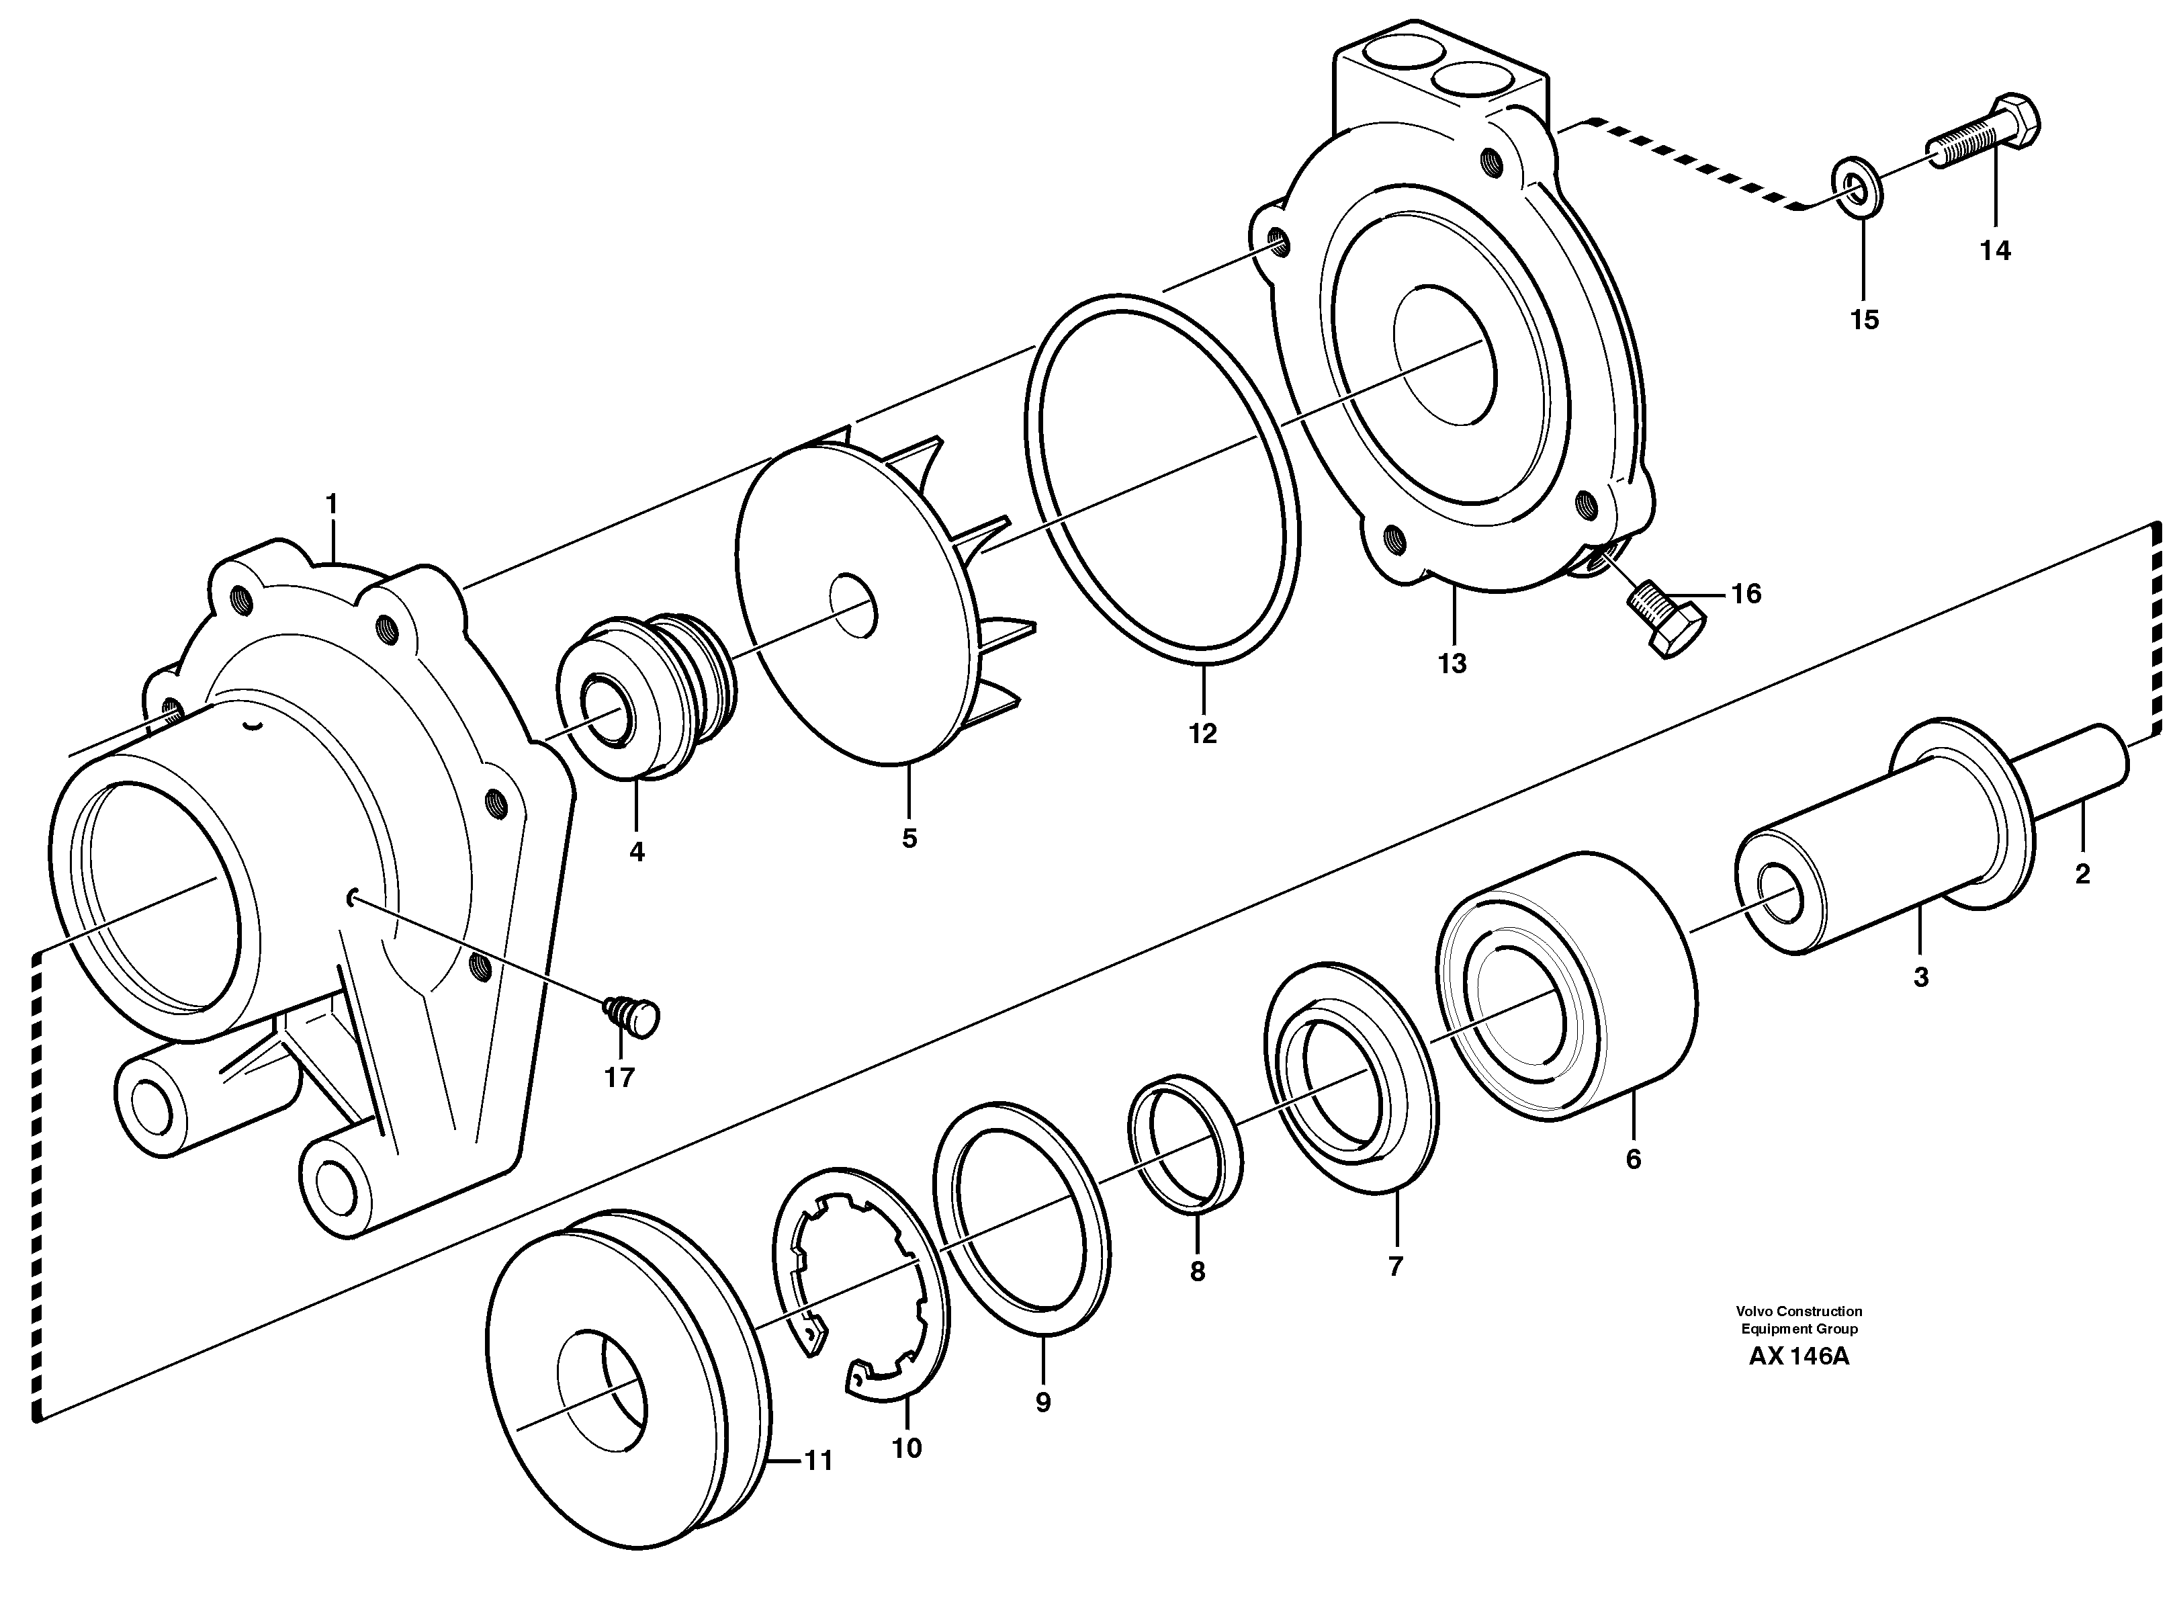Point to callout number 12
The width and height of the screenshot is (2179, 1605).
point(1202,734)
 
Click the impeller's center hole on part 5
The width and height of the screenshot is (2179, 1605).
point(854,606)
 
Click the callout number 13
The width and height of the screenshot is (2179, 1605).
point(1452,664)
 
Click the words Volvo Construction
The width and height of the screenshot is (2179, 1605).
point(1799,1311)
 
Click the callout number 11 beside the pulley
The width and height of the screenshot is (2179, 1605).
point(818,1461)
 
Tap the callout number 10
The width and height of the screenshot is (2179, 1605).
point(905,1448)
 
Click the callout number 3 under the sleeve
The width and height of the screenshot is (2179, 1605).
point(1920,978)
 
